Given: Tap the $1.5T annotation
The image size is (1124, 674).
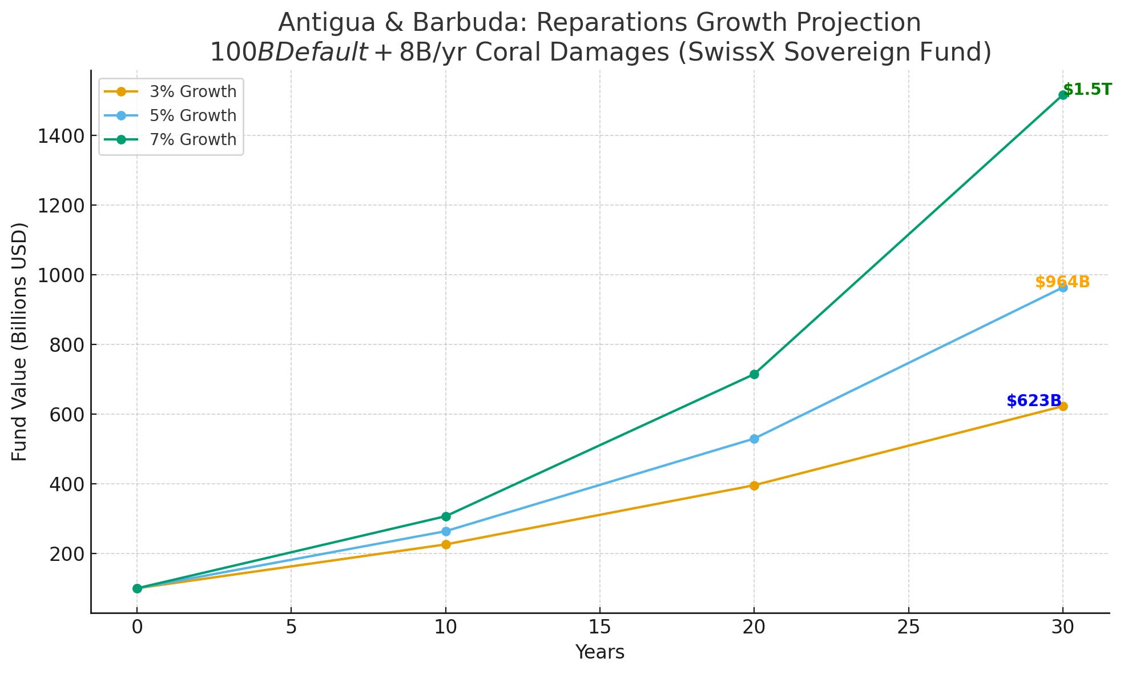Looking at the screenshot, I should [1087, 90].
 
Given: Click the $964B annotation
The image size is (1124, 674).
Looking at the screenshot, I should [1062, 282].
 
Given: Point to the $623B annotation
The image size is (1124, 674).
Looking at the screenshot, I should [1034, 401].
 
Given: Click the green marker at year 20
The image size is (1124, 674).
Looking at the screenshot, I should [754, 374].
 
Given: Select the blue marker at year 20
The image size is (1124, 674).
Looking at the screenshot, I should [754, 439].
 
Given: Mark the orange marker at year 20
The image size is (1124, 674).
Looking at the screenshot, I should [754, 486].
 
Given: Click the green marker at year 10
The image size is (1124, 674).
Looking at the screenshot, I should [446, 516].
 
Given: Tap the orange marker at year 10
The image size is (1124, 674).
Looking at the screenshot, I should [446, 544].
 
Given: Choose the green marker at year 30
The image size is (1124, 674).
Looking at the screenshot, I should [1063, 95].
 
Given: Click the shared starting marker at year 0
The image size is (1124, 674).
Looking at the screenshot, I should [137, 588].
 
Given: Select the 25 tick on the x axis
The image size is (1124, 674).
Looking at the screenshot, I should [908, 627].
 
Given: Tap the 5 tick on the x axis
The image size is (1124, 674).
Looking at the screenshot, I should [291, 627].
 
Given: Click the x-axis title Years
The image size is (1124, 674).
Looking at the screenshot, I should [599, 652].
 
